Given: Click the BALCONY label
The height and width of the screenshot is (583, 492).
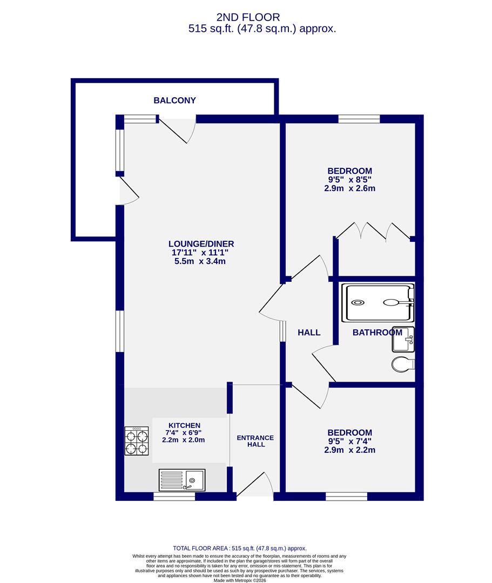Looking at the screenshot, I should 174,100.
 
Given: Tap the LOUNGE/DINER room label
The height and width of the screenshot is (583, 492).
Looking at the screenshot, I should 201,244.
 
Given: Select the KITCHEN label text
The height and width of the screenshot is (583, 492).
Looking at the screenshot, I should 184,425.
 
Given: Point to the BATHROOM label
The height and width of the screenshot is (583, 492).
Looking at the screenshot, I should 378,333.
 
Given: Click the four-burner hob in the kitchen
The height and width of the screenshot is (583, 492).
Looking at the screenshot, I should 137,441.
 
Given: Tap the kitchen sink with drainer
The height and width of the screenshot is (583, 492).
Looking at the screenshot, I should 182,479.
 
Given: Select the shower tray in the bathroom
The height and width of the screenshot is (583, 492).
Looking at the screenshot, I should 378,303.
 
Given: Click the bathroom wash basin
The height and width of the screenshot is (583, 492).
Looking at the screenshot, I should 403,338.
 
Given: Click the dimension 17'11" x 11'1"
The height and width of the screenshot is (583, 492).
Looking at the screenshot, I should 201,253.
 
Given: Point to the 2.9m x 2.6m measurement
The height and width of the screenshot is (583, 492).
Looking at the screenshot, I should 349,188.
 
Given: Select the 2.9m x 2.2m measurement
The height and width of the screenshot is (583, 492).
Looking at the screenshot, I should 349,450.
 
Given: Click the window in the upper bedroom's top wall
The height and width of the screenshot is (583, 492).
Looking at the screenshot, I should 359,119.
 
